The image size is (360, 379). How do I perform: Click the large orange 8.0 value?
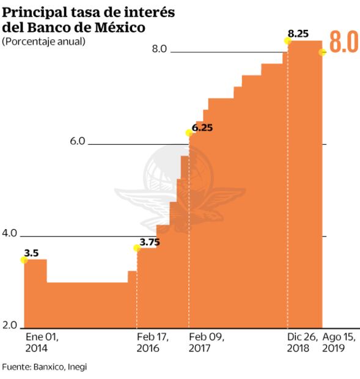pos(343,42)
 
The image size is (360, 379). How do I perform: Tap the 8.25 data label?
pos(298,34)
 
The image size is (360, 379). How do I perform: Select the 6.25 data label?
pos(202,128)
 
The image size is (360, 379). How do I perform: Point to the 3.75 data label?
pos(150,243)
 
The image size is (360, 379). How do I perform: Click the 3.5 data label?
pos(31,252)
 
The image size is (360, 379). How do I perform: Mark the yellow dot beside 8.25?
pos(287,40)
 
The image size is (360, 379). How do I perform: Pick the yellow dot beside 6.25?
pos(189,132)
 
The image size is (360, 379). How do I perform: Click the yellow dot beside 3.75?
pos(137,248)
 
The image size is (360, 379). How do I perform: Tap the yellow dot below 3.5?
pos(24,260)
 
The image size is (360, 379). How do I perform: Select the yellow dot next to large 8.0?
pos(323,52)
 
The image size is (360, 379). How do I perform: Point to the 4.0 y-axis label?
pos(9,234)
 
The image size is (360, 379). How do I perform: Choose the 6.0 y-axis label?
pos(78,141)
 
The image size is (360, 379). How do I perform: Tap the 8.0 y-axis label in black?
pos(160,49)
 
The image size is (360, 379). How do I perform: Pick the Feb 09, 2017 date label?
pos(207,342)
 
